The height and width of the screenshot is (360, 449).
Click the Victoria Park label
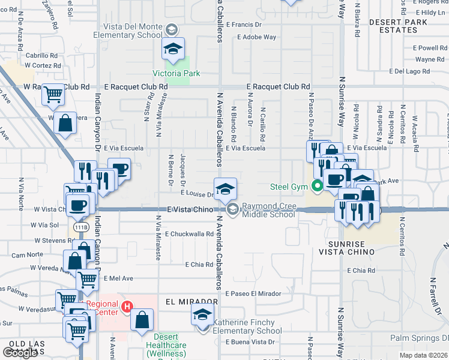(x=176, y=73)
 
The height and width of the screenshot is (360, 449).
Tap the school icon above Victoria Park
(x=173, y=49)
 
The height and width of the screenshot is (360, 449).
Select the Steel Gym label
(x=290, y=186)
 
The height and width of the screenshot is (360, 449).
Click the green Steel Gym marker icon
(x=316, y=186)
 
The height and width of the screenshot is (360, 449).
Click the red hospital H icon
(x=127, y=307)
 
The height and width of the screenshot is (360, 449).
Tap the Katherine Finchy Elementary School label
(x=247, y=326)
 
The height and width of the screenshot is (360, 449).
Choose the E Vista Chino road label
(x=190, y=209)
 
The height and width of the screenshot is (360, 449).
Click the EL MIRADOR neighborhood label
(x=188, y=301)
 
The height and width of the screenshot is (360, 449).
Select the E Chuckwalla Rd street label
(x=189, y=234)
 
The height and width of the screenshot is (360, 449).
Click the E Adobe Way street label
(x=256, y=37)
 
